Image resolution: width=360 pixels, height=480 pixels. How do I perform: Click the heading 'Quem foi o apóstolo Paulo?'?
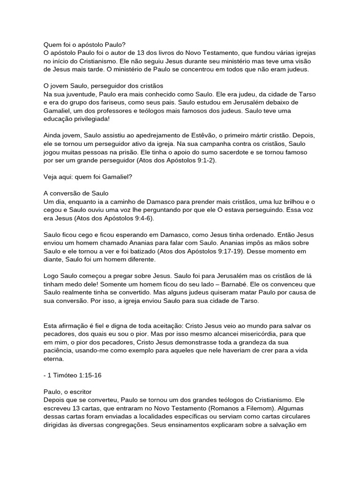84,45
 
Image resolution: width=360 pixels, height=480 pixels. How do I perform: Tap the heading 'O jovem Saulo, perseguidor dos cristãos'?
103,86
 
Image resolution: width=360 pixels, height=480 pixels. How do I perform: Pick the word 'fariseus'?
119,102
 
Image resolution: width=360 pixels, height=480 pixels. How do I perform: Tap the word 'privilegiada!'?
89,119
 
